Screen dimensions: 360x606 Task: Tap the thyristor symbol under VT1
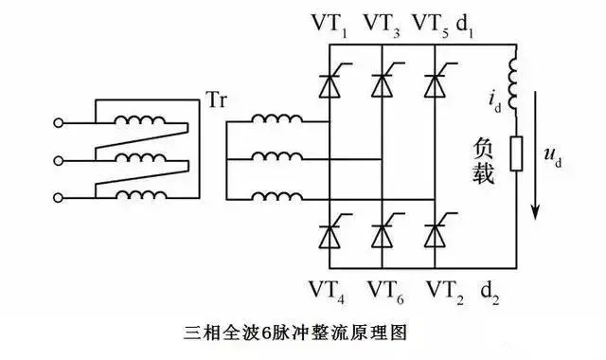coord(330,85)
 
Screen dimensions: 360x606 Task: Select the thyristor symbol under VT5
coord(435,85)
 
